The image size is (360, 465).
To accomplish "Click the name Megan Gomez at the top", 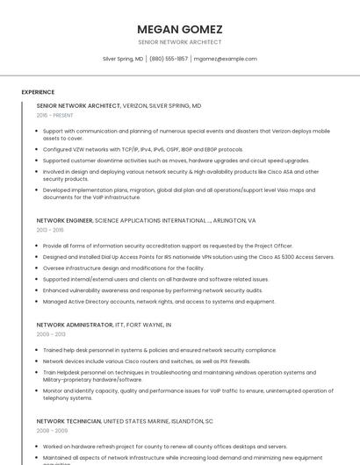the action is pos(180,29).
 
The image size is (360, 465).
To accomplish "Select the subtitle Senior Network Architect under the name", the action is pos(180,42).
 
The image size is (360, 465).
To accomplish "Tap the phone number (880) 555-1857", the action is pos(169,59).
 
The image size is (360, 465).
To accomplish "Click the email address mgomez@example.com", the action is pos(226,59).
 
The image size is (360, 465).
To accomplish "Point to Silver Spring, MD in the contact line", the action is pos(123,59).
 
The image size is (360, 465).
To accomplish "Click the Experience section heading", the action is pos(38,91).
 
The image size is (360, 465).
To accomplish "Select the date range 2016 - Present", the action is pos(54,115).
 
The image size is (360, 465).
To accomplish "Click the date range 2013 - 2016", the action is pos(50,230).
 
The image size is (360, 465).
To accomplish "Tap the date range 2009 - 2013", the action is pos(51,334).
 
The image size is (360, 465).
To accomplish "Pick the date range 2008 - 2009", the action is pos(51,431).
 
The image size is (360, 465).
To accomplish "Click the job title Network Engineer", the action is pos(64,221).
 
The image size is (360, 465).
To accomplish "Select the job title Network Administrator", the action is pos(75,325).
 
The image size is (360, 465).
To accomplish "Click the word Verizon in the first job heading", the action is pos(134,105).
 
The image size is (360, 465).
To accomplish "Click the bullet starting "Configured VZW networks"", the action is pos(142,149).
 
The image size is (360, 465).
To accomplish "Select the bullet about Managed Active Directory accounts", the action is pos(158,301).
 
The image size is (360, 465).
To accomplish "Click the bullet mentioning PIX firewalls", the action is pos(146,361).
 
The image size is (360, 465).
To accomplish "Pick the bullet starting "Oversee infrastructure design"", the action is pos(123,268).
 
